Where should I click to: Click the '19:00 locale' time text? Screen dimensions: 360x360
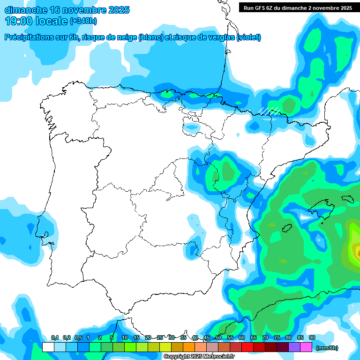pos(36,21)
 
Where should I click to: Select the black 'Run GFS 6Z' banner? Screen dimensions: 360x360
pos(298,7)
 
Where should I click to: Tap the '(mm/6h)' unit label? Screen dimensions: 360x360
pos(327,348)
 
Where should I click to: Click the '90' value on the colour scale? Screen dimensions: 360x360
pos(312,338)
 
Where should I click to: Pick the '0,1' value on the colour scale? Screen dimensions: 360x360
pos(55,338)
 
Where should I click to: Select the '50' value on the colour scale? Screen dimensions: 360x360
pos(218,338)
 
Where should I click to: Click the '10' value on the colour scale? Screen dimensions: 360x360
pos(125,338)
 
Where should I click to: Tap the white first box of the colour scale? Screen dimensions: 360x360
pos(48,347)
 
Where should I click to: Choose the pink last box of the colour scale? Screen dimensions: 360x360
pos(306,347)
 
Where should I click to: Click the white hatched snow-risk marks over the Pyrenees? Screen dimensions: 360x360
pos(270,111)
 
